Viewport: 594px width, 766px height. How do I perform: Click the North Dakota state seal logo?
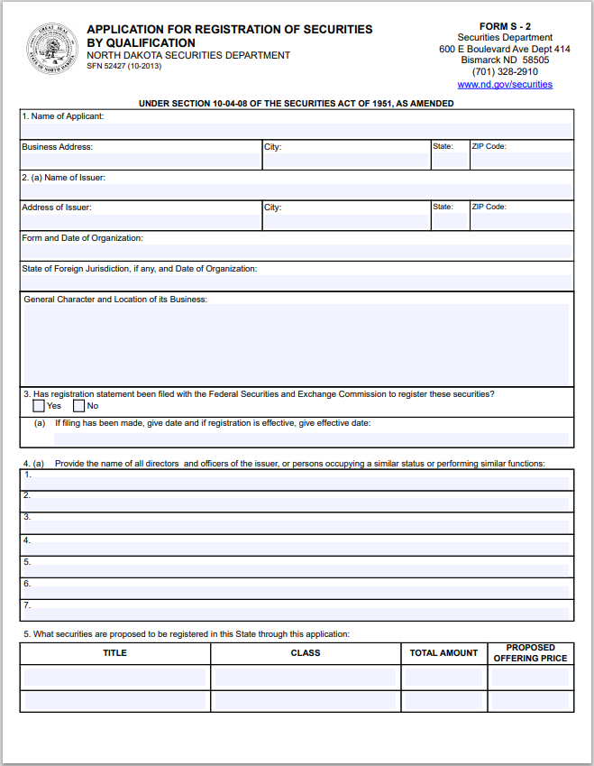coord(50,50)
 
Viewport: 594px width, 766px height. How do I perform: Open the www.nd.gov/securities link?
coord(505,84)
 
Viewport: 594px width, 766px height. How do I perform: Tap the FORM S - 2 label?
coord(505,27)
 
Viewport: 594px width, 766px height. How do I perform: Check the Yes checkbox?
coord(38,406)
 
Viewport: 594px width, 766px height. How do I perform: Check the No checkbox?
coord(78,406)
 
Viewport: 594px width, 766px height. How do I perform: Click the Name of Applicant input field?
coord(297,130)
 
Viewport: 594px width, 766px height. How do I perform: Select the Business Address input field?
coord(141,161)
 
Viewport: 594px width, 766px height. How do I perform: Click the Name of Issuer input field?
coord(297,191)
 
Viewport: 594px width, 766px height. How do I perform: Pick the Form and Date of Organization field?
coord(297,253)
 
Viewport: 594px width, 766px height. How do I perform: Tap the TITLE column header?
coord(115,653)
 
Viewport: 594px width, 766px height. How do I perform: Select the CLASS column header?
coord(306,653)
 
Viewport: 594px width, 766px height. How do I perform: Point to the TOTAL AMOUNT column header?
coord(443,653)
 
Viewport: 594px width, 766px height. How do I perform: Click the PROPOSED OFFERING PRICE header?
coord(530,653)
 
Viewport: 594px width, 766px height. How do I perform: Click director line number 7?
coord(297,611)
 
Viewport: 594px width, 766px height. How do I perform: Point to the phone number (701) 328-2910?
coord(505,71)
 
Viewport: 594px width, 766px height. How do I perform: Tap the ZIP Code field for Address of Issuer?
coord(521,221)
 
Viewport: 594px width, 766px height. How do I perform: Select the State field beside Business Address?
coord(449,161)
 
